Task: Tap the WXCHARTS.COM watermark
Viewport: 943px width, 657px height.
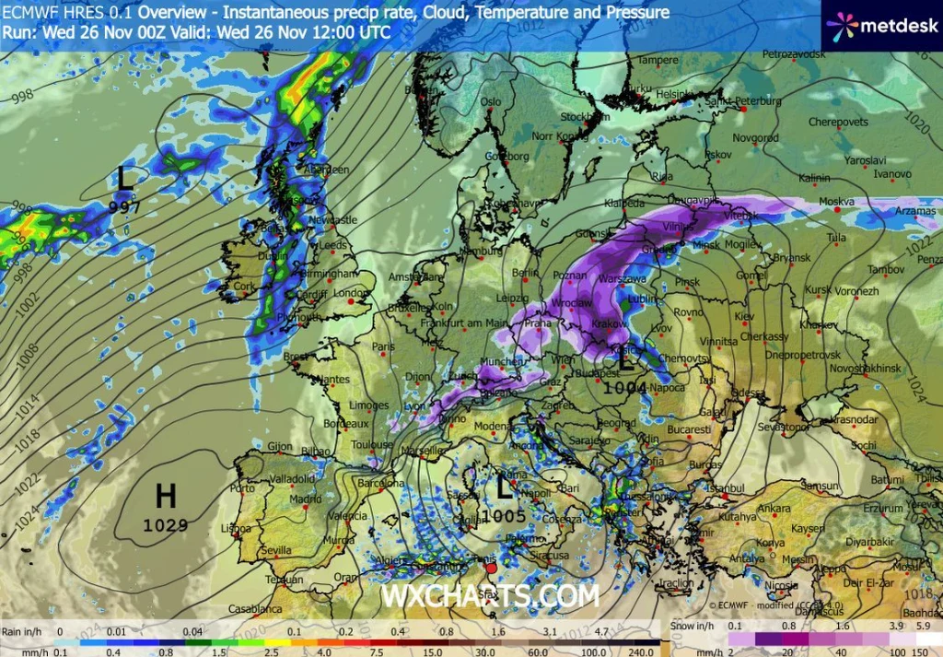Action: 490,596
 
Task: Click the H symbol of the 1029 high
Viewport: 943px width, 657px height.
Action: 165,497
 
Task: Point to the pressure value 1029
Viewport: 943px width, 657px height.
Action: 165,525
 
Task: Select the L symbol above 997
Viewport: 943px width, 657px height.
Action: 125,179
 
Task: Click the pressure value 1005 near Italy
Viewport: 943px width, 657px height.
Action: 504,516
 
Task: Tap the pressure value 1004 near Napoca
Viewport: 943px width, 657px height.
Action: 625,388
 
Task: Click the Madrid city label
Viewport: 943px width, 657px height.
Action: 304,499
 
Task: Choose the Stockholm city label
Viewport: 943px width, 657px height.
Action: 580,117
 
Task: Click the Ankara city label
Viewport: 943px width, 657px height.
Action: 774,508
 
